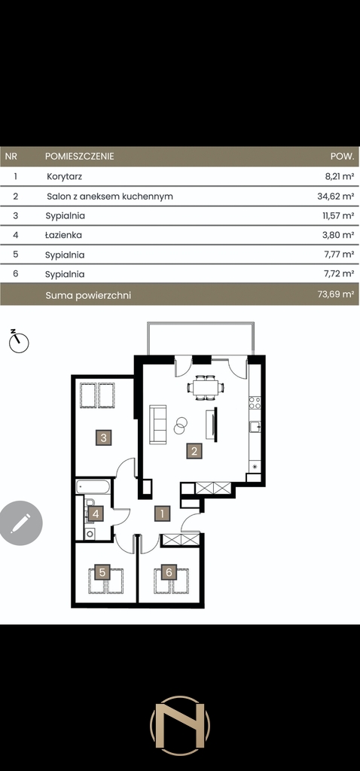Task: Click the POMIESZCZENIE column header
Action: pos(80,157)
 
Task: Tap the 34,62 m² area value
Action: pos(336,197)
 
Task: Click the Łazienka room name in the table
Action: pos(63,235)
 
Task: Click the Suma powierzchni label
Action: pos(88,295)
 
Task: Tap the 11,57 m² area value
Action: pos(338,215)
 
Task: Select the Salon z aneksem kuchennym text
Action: pos(110,197)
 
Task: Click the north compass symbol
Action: pos(19,341)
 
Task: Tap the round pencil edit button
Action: pos(20,523)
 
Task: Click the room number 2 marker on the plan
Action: pos(194,451)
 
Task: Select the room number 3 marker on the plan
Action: pos(103,437)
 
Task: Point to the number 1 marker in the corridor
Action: pos(162,513)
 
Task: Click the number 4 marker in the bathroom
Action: pos(96,514)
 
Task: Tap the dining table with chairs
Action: pos(206,388)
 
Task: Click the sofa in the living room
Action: pos(158,425)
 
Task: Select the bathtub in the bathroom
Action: pos(93,487)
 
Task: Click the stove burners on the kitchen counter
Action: pos(255,403)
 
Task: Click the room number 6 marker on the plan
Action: pos(169,572)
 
